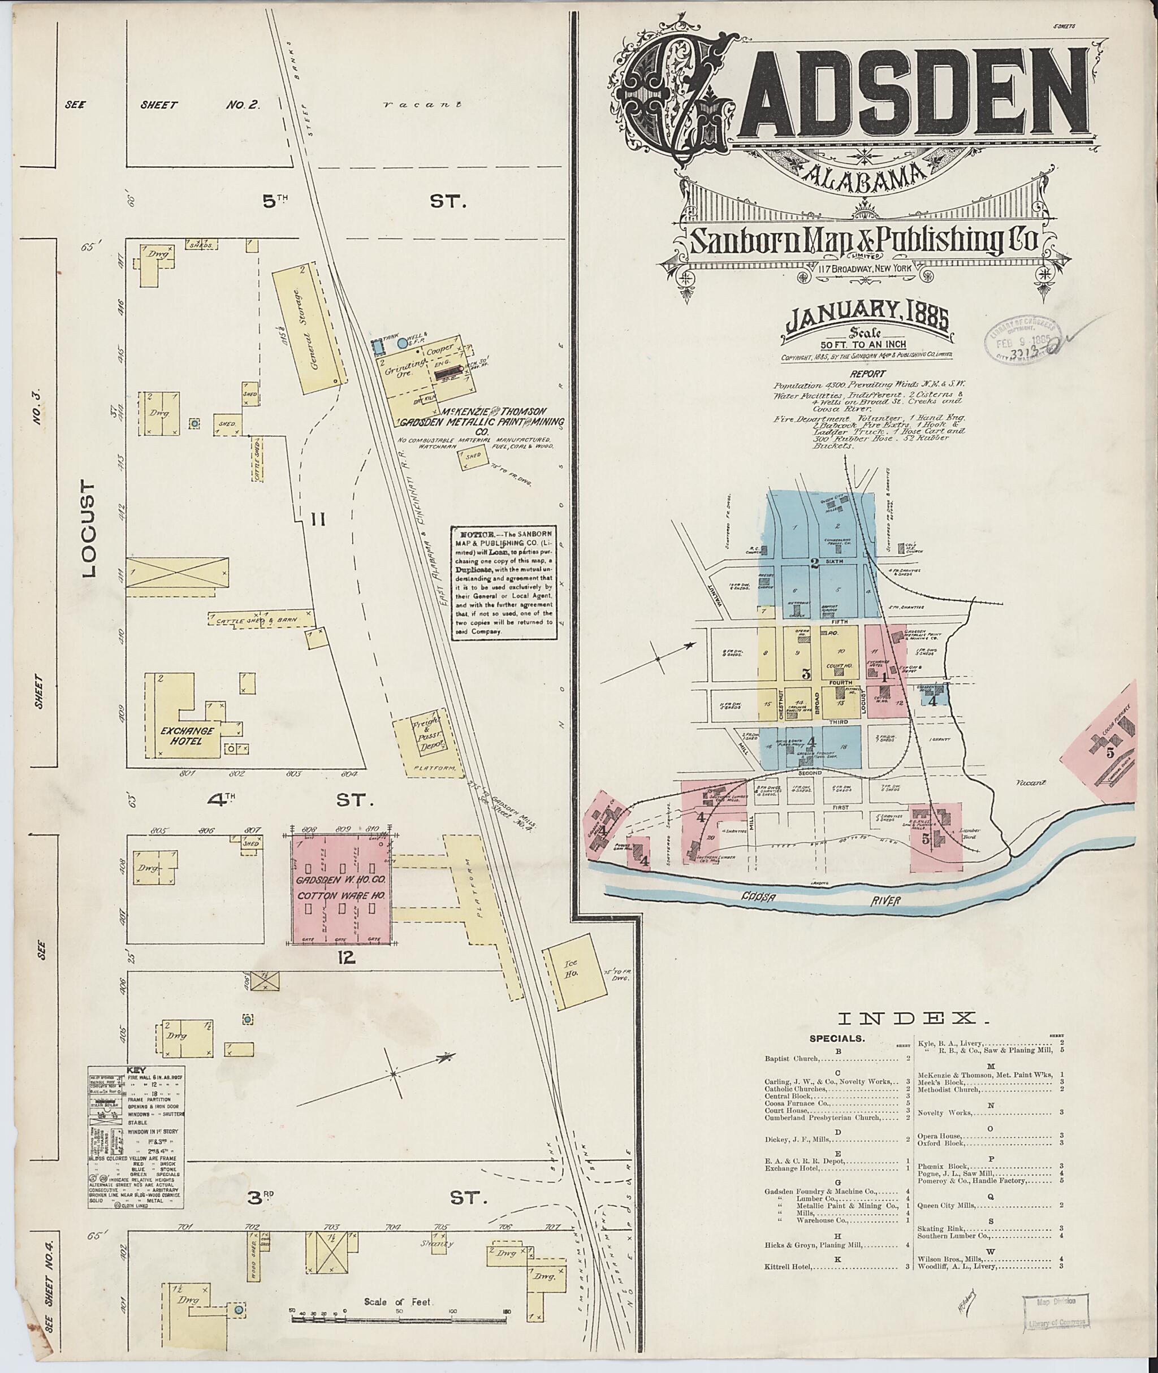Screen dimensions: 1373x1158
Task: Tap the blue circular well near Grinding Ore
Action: click(402, 343)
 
